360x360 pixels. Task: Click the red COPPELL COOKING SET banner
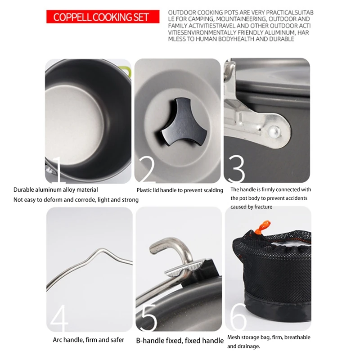click(103, 18)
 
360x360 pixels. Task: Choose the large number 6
click(237, 318)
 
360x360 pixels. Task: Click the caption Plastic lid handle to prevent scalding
click(180, 190)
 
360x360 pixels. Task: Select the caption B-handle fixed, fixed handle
click(180, 341)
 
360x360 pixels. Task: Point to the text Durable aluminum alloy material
click(55, 190)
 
